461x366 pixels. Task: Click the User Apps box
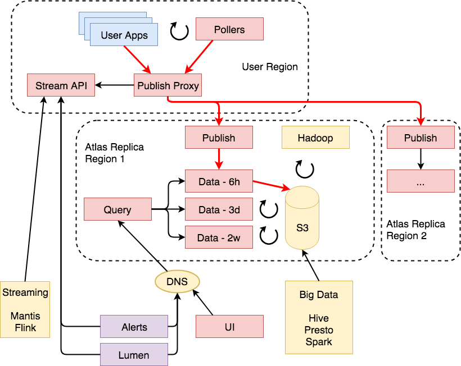124,35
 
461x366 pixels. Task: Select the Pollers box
229,29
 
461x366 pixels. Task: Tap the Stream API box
61,85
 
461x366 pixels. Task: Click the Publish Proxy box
168,85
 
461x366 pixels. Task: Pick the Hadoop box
315,138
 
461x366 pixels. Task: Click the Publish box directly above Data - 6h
219,138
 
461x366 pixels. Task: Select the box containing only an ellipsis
421,181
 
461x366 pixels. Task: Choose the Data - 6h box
219,181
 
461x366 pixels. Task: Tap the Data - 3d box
219,209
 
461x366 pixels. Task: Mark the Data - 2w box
219,237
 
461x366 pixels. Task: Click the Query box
117,209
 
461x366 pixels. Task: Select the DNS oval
177,281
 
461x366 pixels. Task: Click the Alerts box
134,327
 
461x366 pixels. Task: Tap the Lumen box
134,355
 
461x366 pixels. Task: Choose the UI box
229,327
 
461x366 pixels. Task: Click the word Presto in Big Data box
319,330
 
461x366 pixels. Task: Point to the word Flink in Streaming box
25,328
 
